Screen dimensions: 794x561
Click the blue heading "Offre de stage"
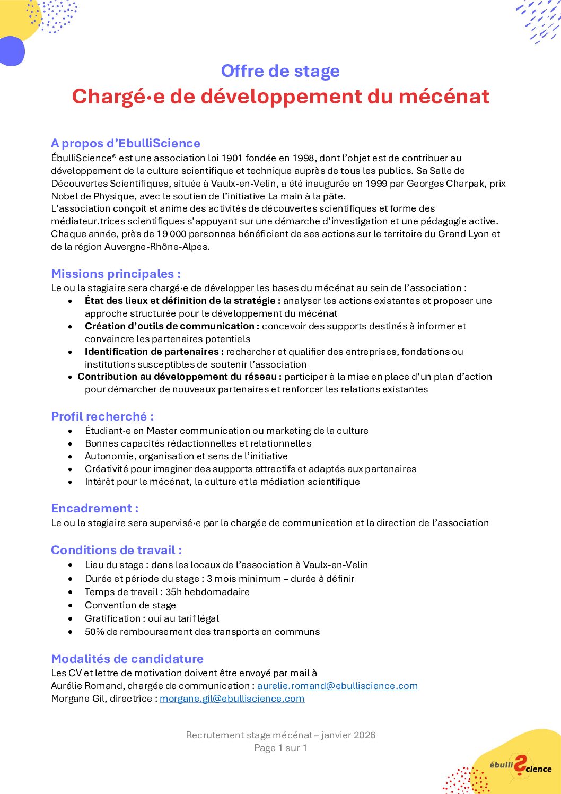pyautogui.click(x=280, y=71)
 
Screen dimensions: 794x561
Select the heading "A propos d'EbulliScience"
pyautogui.click(x=126, y=143)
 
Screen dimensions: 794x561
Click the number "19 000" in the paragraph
pyautogui.click(x=171, y=234)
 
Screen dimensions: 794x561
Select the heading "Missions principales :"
pyautogui.click(x=116, y=274)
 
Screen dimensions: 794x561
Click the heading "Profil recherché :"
pyautogui.click(x=102, y=416)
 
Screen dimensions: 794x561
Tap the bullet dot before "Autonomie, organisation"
pyautogui.click(x=71, y=456)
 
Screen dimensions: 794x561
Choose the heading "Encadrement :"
pyautogui.click(x=95, y=508)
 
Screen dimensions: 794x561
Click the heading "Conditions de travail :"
pyautogui.click(x=117, y=550)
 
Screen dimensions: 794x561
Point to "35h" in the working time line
pyautogui.click(x=173, y=592)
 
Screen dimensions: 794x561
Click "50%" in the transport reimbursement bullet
pyautogui.click(x=94, y=632)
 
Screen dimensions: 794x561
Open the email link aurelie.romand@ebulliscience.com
pyautogui.click(x=337, y=686)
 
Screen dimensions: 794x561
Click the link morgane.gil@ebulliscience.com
pyautogui.click(x=232, y=699)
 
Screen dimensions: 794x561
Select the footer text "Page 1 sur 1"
pyautogui.click(x=280, y=748)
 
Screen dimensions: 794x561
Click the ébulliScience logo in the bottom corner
pyautogui.click(x=520, y=766)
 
